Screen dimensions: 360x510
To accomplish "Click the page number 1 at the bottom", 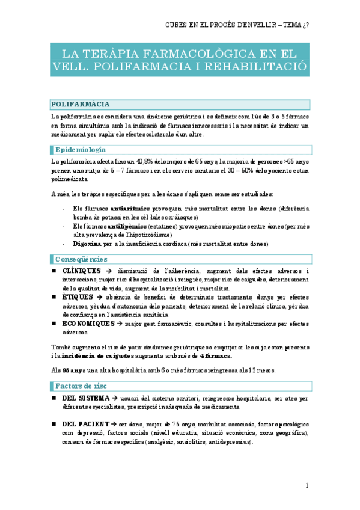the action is pyautogui.click(x=307, y=485).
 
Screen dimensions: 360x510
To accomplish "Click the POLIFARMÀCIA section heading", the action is pyautogui.click(x=80, y=104).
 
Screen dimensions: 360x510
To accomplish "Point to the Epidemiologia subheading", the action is pyautogui.click(x=81, y=149).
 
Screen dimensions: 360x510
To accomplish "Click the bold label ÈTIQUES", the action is pyautogui.click(x=78, y=297).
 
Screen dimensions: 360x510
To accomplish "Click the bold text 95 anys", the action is pyautogui.click(x=74, y=369).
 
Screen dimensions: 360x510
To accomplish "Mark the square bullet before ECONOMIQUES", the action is pyautogui.click(x=53, y=323).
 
